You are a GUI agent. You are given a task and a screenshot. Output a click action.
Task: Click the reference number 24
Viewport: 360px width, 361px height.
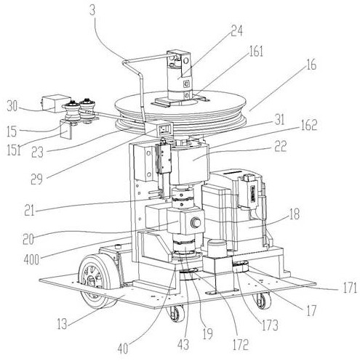pos(236,31)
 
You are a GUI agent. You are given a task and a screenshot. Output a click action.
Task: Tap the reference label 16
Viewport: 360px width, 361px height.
pos(311,65)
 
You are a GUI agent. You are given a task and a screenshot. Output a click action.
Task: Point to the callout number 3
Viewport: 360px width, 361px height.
pos(92,10)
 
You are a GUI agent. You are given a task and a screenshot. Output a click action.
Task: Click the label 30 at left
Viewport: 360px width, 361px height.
pos(12,106)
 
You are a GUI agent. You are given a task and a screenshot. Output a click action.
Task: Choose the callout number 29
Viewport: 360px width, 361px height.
pos(37,179)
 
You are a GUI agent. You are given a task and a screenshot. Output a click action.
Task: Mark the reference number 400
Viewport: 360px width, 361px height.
pos(31,260)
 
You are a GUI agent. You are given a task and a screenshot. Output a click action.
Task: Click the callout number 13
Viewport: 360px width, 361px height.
pos(62,324)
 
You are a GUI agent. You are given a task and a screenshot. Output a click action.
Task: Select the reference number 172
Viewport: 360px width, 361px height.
pos(241,344)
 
